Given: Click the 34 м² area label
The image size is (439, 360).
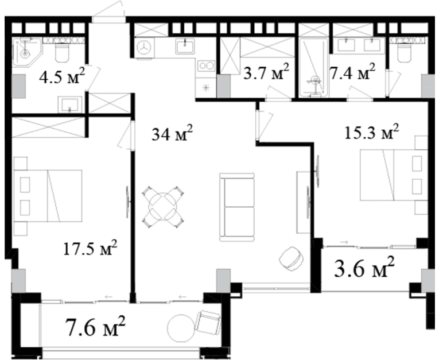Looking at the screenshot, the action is [x=172, y=134].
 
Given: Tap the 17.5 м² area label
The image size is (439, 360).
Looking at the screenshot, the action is [x=90, y=247].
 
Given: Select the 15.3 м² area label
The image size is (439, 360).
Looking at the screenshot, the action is [x=372, y=131].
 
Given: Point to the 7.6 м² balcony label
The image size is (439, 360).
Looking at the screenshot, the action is [x=95, y=326].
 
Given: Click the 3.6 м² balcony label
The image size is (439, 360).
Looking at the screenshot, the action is [x=364, y=268].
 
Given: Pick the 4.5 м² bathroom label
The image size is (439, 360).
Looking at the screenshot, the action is [x=62, y=76].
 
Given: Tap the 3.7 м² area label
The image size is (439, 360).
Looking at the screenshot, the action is [x=266, y=72].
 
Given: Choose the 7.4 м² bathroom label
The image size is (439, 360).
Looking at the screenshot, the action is [x=352, y=72].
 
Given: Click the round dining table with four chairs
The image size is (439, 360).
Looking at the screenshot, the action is [x=163, y=207].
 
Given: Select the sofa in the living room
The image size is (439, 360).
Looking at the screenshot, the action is [x=238, y=207].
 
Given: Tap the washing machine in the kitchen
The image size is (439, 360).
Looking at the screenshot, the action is [x=144, y=47].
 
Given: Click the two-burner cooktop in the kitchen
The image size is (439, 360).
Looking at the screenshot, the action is [x=206, y=66].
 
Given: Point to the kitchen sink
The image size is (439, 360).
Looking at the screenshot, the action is [x=185, y=46].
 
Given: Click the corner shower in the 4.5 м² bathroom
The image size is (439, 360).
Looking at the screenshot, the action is [x=26, y=51].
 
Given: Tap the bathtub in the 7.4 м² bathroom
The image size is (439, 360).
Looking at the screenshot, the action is [x=313, y=68].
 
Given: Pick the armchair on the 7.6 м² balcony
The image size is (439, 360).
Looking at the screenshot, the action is [x=208, y=322].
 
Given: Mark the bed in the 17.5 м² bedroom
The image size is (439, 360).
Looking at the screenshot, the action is [x=48, y=196].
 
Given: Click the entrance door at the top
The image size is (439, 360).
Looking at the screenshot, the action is [x=109, y=14].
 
